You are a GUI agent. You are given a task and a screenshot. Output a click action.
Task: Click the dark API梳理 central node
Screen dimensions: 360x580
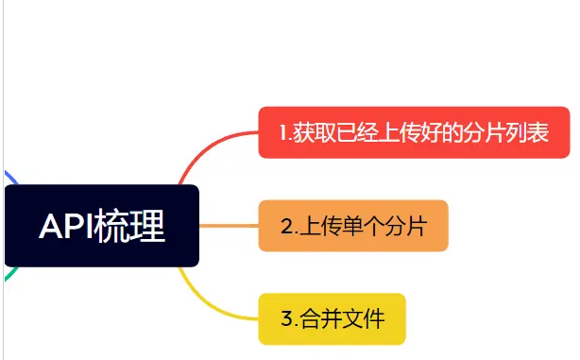pos(102,226)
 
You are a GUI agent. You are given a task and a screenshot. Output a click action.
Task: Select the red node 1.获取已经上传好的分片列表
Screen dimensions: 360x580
pos(415,132)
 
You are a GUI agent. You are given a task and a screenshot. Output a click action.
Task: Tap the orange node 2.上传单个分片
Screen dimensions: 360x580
pos(352,226)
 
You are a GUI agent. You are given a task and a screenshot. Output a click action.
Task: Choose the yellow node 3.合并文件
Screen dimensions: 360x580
pos(332,318)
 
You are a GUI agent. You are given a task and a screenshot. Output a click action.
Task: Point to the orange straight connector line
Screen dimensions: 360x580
pos(229,226)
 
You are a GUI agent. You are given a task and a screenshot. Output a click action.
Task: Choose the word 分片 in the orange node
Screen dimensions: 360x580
pos(406,227)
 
